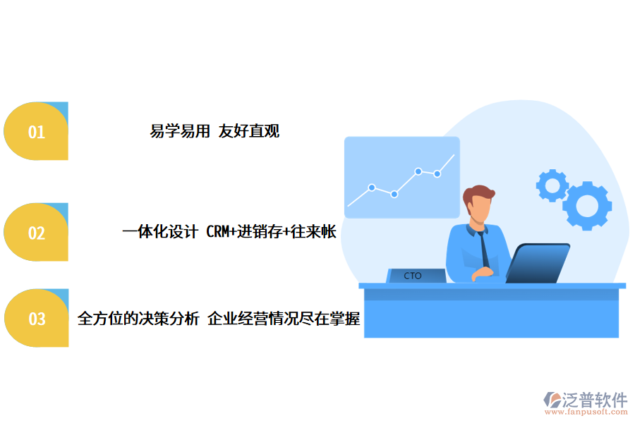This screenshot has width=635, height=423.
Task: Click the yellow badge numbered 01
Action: pos(36,132)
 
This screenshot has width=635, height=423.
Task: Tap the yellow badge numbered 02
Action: pos(36,233)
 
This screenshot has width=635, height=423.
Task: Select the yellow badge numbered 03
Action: pos(36,319)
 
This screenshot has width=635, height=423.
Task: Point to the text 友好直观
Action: pos(249,131)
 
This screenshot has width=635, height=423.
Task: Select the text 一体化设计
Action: pos(159,232)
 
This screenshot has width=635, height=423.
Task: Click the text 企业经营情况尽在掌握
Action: pos(284,319)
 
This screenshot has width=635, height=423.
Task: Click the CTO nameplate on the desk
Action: pos(415,276)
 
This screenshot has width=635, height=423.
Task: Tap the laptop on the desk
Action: pos(538,263)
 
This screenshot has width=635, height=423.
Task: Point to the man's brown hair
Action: pos(478,194)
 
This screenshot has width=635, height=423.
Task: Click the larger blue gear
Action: pos(587,206)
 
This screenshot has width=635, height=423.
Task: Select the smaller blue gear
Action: pos(552,185)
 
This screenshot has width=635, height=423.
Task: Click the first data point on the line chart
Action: pos(371,188)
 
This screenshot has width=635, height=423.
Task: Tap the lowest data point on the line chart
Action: pos(394,194)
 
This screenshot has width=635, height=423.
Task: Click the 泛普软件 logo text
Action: pos(594,400)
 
